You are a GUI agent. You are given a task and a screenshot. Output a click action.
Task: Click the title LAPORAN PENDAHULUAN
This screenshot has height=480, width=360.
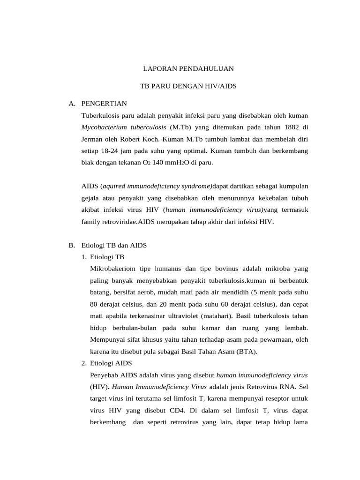[x=187, y=69]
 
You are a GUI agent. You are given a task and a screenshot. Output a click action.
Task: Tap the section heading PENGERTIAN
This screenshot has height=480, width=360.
[x=104, y=104]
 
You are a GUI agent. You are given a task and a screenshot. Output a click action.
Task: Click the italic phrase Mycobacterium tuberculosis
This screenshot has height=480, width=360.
[x=124, y=127]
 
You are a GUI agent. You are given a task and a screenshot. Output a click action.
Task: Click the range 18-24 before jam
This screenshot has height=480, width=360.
[x=111, y=151]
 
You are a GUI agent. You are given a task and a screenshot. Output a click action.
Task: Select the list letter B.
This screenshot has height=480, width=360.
[x=71, y=245]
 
